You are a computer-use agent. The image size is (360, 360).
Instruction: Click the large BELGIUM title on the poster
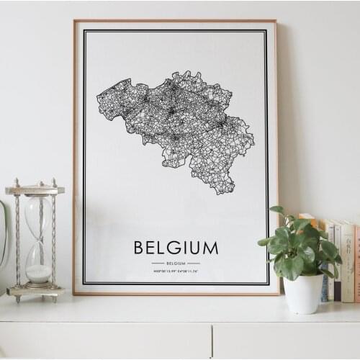coord(176,248)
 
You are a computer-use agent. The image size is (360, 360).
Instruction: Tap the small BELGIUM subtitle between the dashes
coord(176,264)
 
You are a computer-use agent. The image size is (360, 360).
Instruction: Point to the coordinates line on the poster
coord(176,272)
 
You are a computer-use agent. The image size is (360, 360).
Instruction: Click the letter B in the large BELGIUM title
coord(139,248)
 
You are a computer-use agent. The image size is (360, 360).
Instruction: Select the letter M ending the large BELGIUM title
coord(210,248)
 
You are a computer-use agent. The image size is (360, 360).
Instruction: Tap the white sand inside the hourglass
coord(38,273)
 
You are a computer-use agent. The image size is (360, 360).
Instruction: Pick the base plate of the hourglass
coord(35,291)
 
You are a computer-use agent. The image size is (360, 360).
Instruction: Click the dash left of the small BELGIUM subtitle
coord(158,264)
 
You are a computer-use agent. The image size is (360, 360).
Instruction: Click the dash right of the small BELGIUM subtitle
coord(194,264)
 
